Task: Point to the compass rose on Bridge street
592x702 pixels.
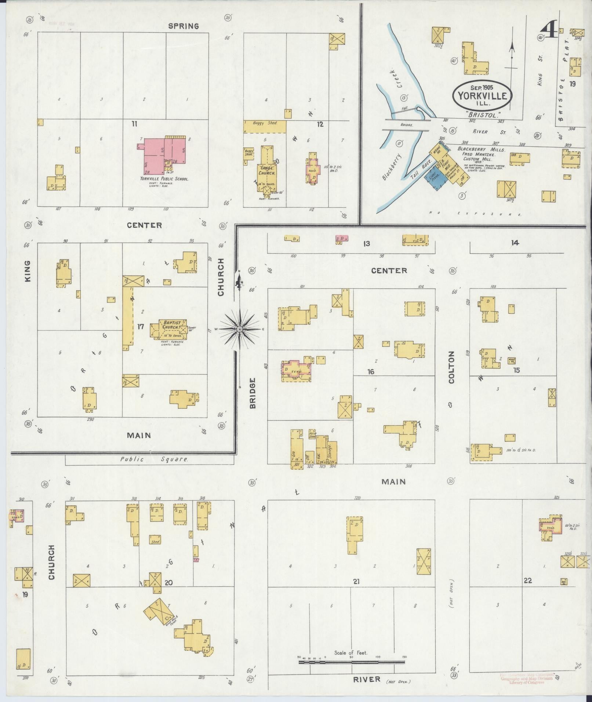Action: tap(239, 329)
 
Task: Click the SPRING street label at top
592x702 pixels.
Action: tap(184, 26)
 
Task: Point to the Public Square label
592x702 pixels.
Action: tap(154, 459)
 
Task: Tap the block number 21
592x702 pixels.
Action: tap(356, 581)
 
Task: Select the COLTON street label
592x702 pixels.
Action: tap(451, 367)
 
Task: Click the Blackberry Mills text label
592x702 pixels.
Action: tap(481, 150)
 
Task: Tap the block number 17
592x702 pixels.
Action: tap(140, 326)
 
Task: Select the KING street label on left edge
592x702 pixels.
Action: tap(28, 271)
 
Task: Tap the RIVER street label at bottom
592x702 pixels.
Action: tap(366, 680)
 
